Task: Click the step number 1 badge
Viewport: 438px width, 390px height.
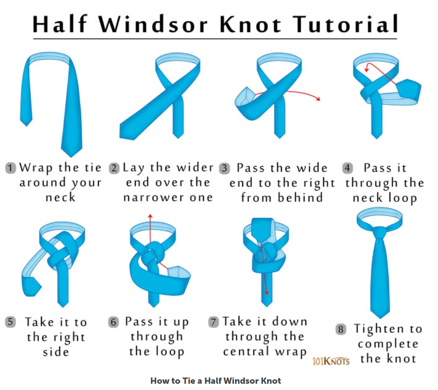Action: pyautogui.click(x=11, y=168)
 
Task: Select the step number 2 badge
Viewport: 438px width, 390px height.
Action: pyautogui.click(x=114, y=168)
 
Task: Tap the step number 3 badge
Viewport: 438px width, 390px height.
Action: pyautogui.click(x=224, y=168)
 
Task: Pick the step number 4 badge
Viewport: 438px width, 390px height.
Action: pyautogui.click(x=347, y=168)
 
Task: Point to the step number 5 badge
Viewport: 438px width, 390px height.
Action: pyautogui.click(x=11, y=322)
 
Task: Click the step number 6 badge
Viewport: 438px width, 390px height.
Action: pyautogui.click(x=114, y=322)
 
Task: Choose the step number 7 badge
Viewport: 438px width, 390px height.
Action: pyautogui.click(x=213, y=322)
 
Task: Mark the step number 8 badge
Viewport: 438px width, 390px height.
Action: pyautogui.click(x=341, y=329)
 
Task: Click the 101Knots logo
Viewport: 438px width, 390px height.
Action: pyautogui.click(x=331, y=361)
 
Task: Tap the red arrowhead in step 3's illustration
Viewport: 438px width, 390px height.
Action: pyautogui.click(x=318, y=98)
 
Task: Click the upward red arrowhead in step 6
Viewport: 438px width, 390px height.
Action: pyautogui.click(x=150, y=216)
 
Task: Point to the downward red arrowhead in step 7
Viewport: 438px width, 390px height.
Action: pyautogui.click(x=267, y=292)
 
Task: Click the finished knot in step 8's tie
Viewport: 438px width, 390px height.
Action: pyautogui.click(x=379, y=232)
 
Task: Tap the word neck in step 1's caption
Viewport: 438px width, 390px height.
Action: pyautogui.click(x=61, y=197)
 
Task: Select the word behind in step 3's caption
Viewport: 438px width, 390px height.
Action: pyautogui.click(x=300, y=197)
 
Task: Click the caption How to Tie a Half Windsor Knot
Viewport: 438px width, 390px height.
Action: pyautogui.click(x=215, y=381)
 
